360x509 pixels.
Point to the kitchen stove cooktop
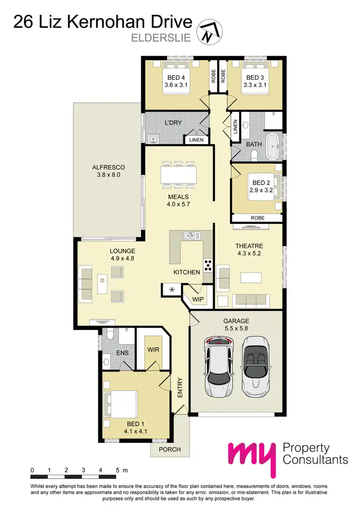[x=208, y=265]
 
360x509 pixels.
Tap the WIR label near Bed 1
[x=153, y=351]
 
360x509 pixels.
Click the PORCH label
[x=170, y=449]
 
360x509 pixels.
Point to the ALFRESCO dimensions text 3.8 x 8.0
[x=108, y=175]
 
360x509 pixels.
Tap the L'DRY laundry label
[x=173, y=123]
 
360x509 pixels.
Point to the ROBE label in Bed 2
[x=257, y=218]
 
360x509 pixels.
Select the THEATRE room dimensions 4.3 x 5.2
[x=250, y=254]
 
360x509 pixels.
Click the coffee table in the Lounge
[x=102, y=284]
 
